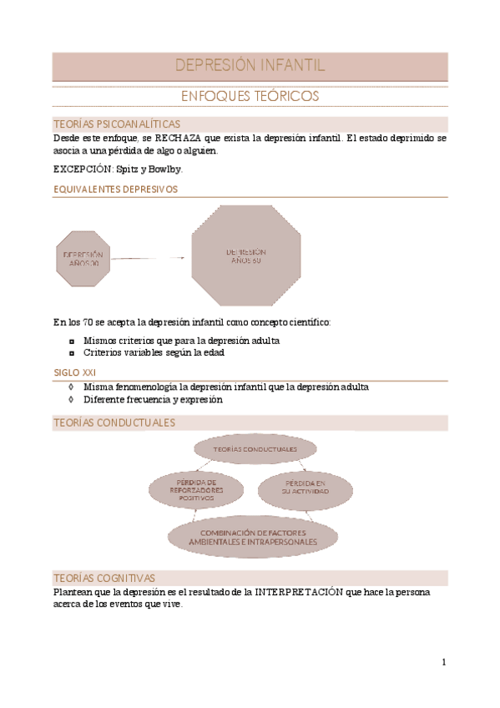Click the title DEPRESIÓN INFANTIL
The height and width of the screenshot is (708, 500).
250,66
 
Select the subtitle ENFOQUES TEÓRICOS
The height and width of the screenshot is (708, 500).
250,97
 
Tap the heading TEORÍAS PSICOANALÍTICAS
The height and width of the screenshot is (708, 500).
116,124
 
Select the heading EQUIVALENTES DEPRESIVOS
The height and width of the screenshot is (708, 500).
115,190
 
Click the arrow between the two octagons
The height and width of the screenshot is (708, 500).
150,258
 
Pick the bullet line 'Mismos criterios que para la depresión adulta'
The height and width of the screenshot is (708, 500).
181,341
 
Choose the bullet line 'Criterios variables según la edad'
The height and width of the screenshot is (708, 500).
154,352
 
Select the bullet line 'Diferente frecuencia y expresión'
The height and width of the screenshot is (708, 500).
153,399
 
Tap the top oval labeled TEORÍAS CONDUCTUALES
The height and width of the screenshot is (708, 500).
255,449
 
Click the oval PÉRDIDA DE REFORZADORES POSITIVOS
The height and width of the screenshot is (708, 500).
196,490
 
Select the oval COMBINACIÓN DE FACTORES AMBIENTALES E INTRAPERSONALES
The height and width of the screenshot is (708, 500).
254,537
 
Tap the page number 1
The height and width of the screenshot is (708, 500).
444,662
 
